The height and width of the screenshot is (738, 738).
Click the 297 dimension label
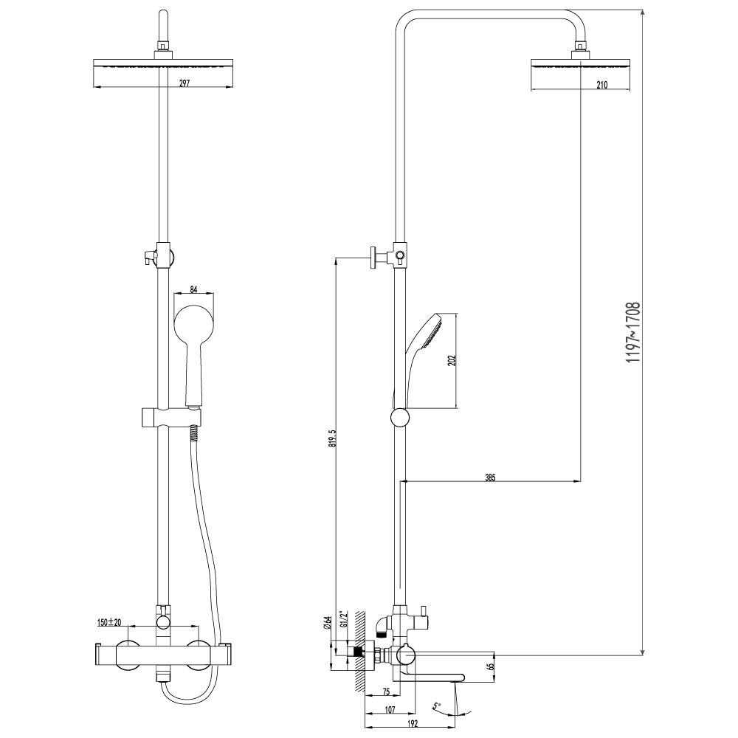click(x=184, y=83)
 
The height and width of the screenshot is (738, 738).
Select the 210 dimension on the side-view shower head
click(x=602, y=85)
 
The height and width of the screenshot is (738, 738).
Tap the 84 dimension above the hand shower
click(x=193, y=289)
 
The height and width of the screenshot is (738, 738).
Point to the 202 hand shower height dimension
click(x=452, y=360)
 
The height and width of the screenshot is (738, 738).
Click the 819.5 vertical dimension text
click(x=332, y=438)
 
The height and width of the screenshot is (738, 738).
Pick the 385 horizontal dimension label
click(x=490, y=478)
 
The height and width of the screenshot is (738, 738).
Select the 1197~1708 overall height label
click(x=633, y=332)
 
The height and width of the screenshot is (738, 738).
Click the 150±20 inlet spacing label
click(x=109, y=622)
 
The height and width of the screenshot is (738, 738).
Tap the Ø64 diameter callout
click(x=328, y=623)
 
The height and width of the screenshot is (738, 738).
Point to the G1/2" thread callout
click(x=343, y=620)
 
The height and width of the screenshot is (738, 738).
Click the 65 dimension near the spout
click(x=491, y=666)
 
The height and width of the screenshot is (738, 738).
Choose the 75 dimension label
click(x=386, y=692)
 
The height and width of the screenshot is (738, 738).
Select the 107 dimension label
click(x=390, y=710)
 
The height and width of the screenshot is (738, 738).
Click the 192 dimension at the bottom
click(x=412, y=725)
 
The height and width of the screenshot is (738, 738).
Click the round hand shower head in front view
click(x=194, y=325)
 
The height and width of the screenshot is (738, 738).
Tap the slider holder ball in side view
click(x=399, y=418)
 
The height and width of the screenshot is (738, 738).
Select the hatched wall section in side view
click(x=361, y=652)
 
